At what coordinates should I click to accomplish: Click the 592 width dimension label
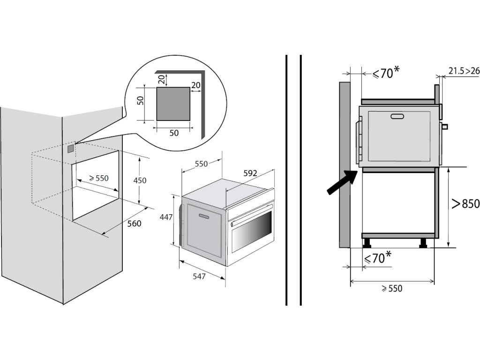point(250,173)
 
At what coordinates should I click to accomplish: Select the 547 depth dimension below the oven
point(199,277)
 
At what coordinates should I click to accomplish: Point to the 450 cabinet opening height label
point(140,180)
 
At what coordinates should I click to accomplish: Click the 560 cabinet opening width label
point(134,224)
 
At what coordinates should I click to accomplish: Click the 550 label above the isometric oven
point(201,164)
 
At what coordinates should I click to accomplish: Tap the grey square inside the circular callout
point(173,104)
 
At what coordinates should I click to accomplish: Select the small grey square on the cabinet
point(71,149)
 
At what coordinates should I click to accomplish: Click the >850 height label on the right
point(465,204)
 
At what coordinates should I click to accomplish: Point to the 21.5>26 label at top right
point(464,71)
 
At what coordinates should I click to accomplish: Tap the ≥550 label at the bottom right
point(392,289)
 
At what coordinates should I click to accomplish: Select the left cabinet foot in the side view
point(366,242)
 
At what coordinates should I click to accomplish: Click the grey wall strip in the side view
point(344,164)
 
